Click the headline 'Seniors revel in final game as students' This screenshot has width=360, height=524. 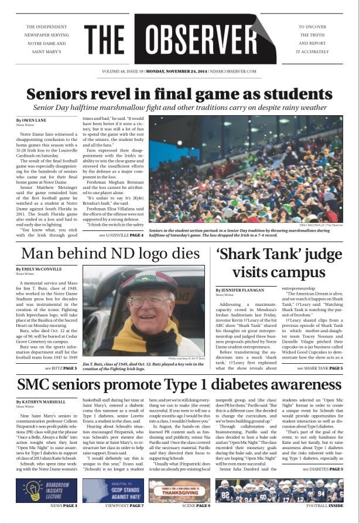[180, 94]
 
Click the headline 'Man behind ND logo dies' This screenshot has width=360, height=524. [110, 254]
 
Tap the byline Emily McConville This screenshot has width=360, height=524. [40, 269]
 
